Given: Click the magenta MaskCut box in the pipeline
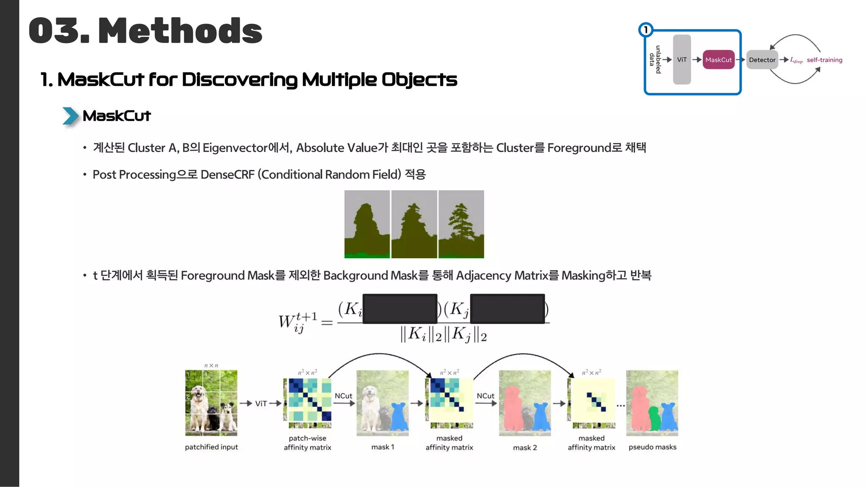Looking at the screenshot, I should (x=718, y=60).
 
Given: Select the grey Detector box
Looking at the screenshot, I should (x=762, y=60).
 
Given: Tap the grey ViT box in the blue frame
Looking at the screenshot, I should (x=682, y=60).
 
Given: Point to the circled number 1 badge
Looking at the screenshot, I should (x=646, y=30).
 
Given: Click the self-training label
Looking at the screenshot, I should (x=824, y=60).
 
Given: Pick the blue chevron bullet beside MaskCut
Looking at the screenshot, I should (x=70, y=116).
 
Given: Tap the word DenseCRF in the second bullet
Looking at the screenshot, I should (x=227, y=175).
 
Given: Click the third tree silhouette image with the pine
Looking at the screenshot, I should (x=461, y=224).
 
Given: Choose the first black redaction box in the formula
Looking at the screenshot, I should (x=400, y=309).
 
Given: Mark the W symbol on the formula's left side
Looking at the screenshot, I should (x=286, y=322).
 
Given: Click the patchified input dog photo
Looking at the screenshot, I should (x=211, y=403).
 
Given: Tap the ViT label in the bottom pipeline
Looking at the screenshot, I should (x=261, y=404).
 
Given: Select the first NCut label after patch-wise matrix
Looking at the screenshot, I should (x=343, y=396).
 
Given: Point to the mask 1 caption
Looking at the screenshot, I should (x=383, y=447).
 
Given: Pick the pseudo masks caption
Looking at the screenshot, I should (x=652, y=447).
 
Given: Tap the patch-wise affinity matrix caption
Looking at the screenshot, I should (x=307, y=443).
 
